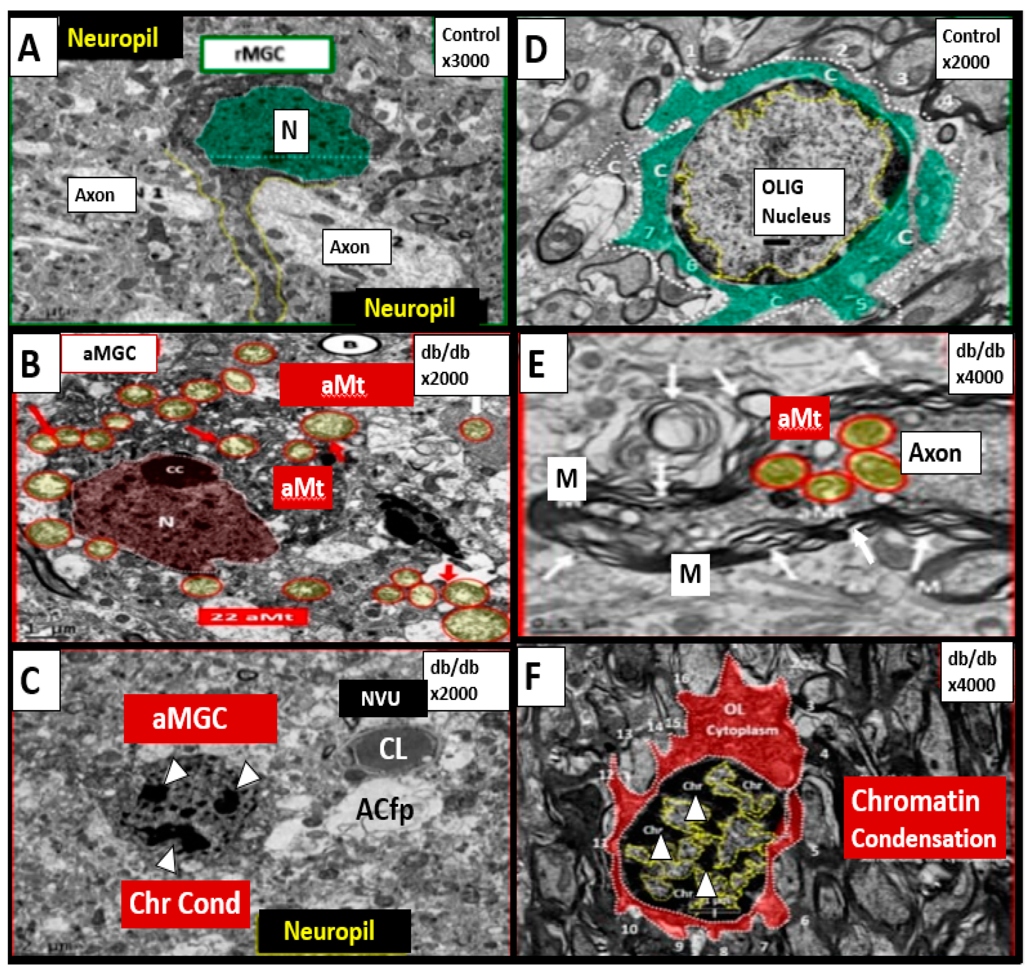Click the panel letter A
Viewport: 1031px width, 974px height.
tap(30, 48)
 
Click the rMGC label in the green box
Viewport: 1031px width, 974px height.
tap(266, 54)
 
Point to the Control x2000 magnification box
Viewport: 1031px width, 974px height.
tap(973, 49)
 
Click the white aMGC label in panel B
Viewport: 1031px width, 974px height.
tap(109, 353)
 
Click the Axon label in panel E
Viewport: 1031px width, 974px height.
tap(940, 453)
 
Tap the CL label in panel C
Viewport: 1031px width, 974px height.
tap(393, 749)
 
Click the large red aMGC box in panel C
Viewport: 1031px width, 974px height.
tap(200, 719)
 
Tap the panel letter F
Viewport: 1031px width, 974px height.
tap(540, 676)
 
